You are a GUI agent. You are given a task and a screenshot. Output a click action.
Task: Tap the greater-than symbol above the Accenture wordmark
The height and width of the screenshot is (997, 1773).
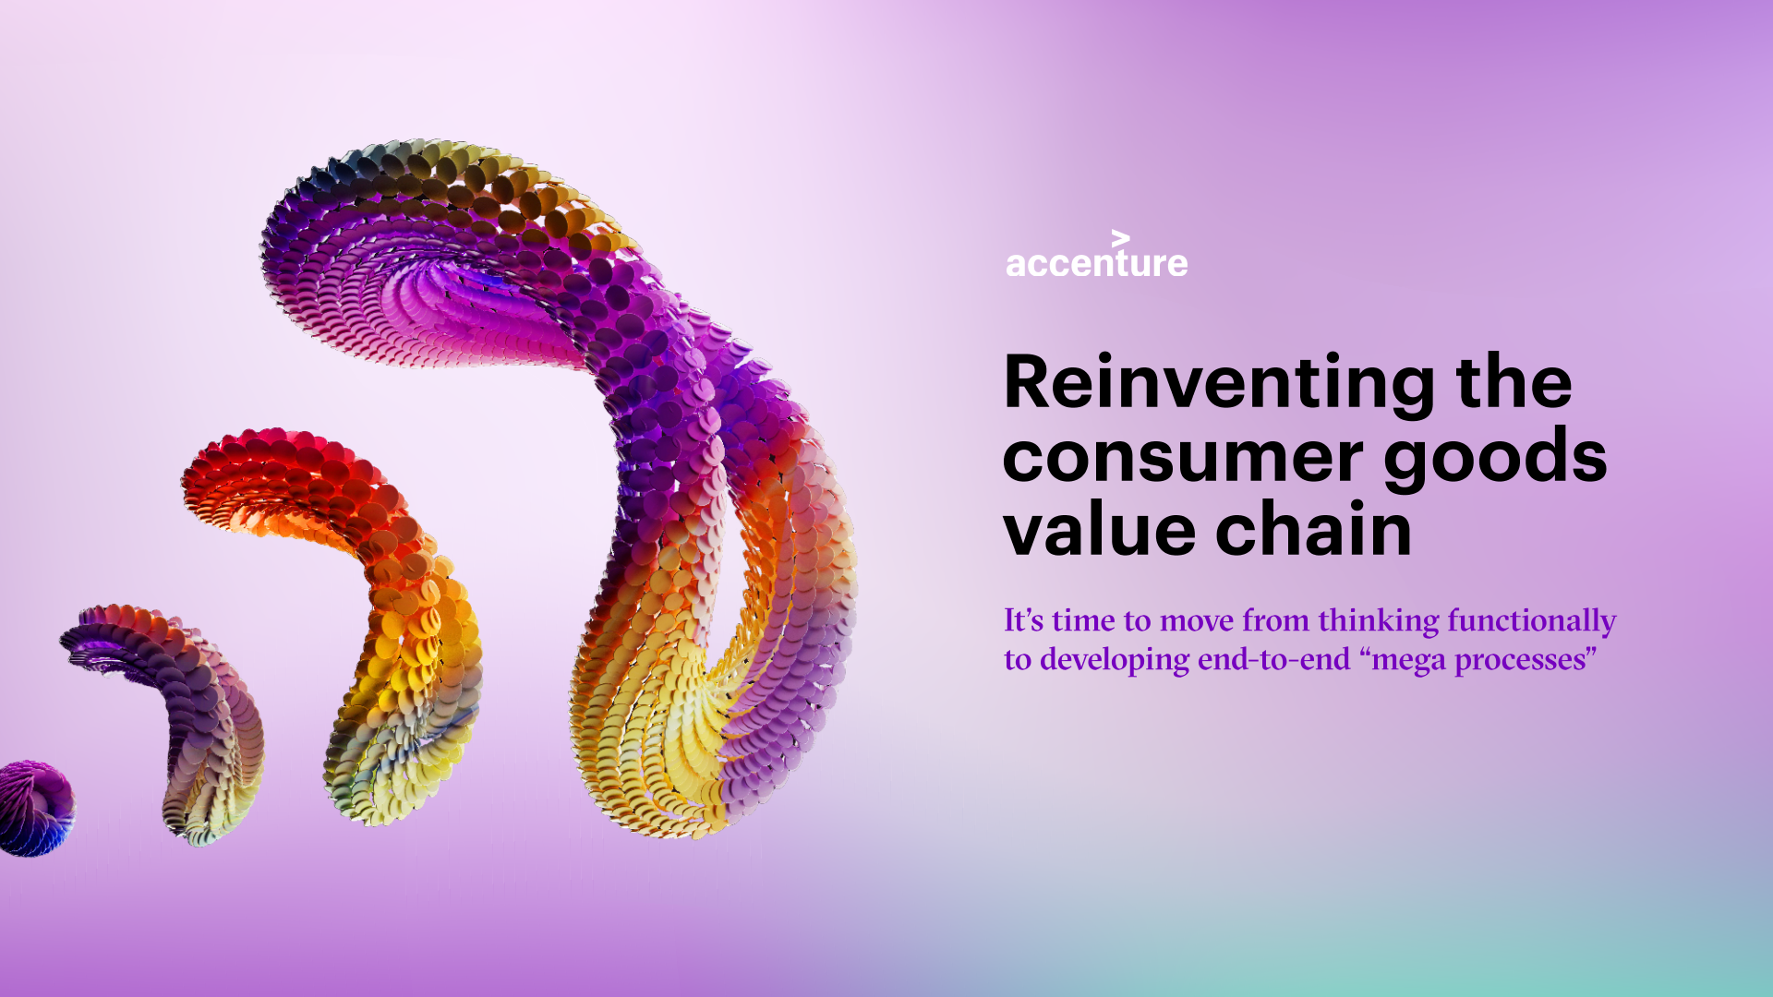(1120, 238)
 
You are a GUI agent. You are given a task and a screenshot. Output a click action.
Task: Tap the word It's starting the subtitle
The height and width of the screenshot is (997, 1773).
(1024, 620)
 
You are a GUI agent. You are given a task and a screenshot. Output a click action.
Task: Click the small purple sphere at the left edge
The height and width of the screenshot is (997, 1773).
(35, 809)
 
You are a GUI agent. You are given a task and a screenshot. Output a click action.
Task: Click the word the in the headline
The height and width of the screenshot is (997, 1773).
(1514, 383)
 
